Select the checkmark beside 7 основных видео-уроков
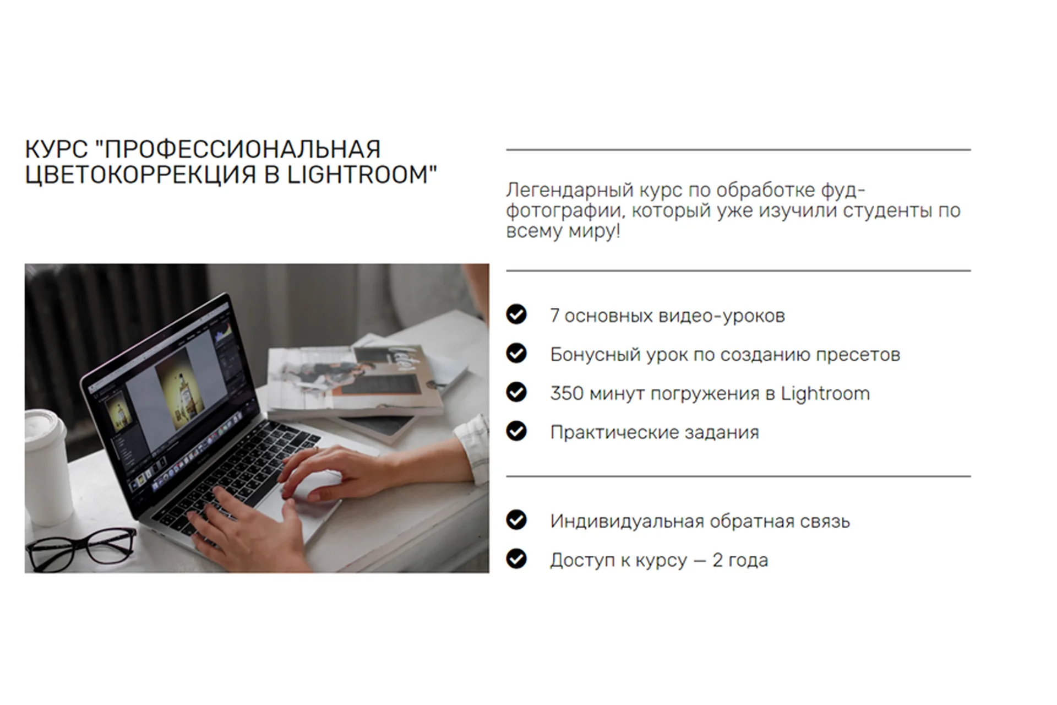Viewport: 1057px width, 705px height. (516, 314)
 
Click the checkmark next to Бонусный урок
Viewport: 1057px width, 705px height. (516, 353)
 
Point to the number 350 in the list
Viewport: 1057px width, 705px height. (566, 393)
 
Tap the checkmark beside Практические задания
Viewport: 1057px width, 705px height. (516, 431)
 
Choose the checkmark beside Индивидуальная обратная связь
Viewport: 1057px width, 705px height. (516, 520)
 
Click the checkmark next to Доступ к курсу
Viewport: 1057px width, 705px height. (516, 559)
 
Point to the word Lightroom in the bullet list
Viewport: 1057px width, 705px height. (825, 394)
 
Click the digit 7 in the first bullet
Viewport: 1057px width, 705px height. (554, 316)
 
